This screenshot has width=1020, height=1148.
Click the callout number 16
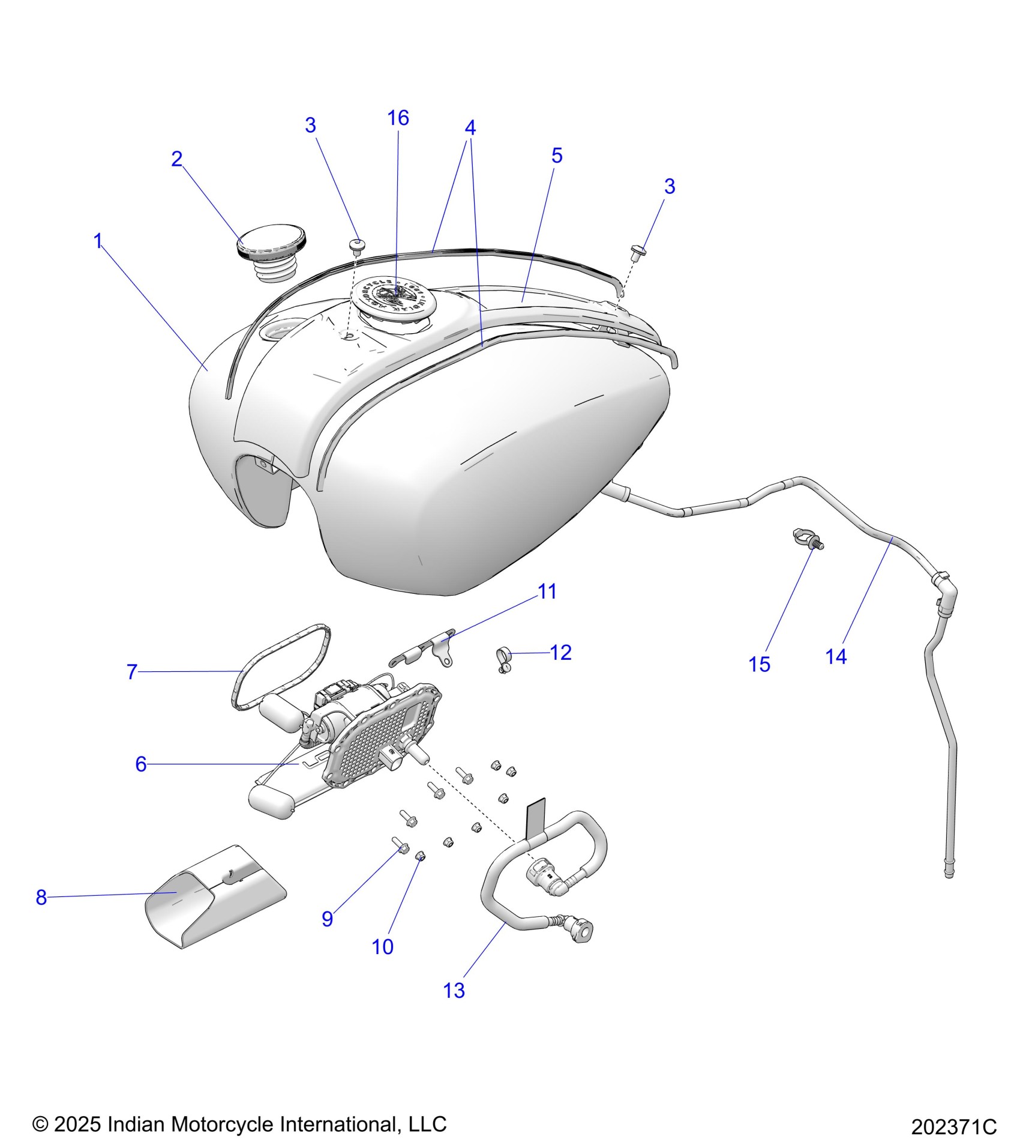click(x=398, y=118)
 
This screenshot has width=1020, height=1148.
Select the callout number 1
click(x=98, y=241)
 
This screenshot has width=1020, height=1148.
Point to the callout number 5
click(x=557, y=156)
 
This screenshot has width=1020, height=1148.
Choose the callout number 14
click(x=836, y=656)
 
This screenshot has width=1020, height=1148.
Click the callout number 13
click(x=454, y=990)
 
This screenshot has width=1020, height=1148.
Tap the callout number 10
click(x=383, y=946)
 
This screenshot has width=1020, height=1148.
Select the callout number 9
click(x=328, y=919)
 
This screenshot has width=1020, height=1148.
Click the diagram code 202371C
click(x=953, y=1127)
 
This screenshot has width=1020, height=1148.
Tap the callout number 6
click(x=141, y=764)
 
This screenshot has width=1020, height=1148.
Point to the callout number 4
click(x=470, y=128)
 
